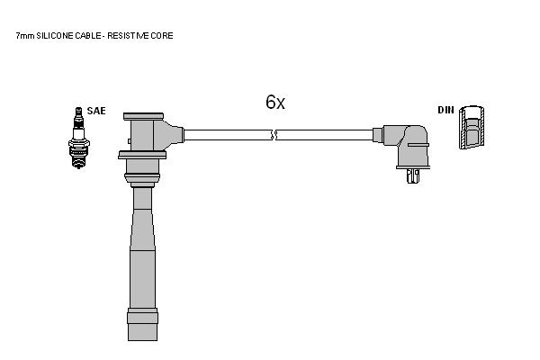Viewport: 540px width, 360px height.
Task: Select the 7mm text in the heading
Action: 25,35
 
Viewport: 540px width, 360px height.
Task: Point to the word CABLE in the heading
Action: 88,35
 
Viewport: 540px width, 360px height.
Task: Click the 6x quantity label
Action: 275,102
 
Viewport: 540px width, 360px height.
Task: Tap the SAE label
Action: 96,111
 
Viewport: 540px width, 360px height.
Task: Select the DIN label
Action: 446,110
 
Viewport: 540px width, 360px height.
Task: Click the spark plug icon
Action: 79,138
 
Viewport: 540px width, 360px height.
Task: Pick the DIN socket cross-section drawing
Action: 472,128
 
